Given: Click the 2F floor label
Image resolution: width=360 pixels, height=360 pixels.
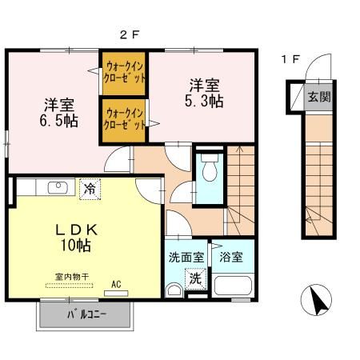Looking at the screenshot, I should click(130, 34).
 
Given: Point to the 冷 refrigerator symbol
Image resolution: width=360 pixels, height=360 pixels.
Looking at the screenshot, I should click(90, 189).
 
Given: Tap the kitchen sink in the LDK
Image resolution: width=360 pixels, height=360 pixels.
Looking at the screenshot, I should click(58, 188).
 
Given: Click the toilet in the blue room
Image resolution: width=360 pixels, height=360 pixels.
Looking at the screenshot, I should click(209, 170).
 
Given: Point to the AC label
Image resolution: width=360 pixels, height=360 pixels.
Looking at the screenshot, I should click(116, 284).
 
